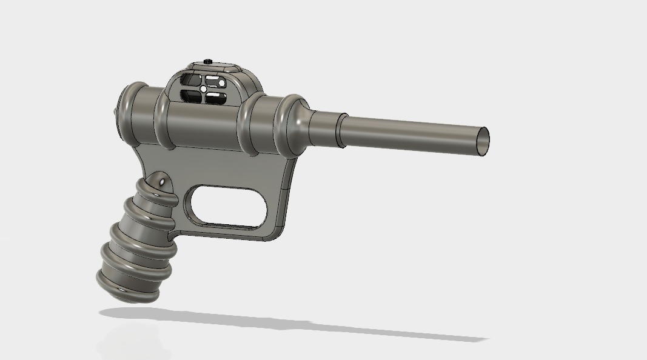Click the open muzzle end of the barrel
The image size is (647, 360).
tap(483, 140)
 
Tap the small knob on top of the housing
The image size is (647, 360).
tap(208, 61)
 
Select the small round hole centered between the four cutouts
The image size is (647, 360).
tap(203, 88)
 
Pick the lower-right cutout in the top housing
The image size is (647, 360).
tap(215, 98)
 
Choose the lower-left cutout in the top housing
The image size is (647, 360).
tap(189, 95)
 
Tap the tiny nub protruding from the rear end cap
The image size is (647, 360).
tap(115, 111)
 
